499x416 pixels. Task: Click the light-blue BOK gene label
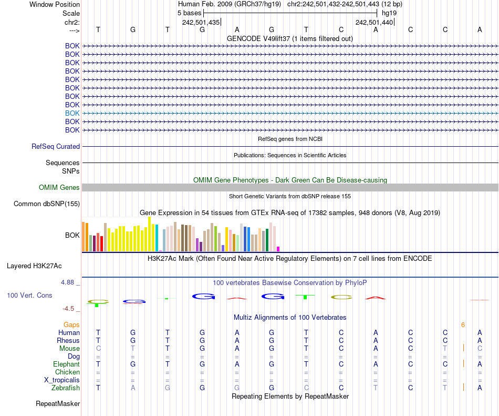click(72, 113)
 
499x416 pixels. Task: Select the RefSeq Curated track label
click(56, 147)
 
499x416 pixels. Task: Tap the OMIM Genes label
click(59, 188)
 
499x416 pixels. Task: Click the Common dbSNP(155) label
click(47, 204)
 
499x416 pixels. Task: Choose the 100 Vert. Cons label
click(29, 296)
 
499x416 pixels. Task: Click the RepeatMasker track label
click(58, 404)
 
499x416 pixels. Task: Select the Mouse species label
click(69, 349)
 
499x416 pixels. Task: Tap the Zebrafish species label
click(66, 388)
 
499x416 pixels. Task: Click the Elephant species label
click(66, 364)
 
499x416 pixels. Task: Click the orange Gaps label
click(71, 325)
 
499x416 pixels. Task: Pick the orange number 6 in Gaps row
click(463, 325)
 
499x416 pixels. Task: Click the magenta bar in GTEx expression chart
click(278, 249)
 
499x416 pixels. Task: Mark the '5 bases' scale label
click(190, 13)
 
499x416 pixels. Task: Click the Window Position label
click(55, 4)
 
